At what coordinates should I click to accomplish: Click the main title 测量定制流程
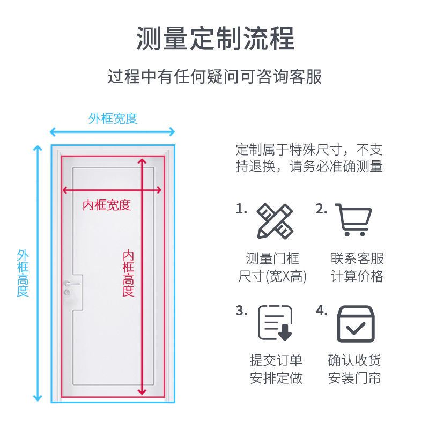214,39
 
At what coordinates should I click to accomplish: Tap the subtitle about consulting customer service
214,76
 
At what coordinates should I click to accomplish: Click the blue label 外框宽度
113,118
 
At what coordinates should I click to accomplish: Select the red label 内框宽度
106,204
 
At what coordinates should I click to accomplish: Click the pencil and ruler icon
274,221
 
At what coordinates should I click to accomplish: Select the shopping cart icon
354,219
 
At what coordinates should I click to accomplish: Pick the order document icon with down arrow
275,323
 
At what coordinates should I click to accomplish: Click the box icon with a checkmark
354,323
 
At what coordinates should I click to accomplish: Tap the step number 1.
241,209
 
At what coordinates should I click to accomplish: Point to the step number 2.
321,209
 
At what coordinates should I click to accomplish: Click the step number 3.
241,311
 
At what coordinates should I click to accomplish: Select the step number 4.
322,311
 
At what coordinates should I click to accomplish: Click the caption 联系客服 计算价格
357,267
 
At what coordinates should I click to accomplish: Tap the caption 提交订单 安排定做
276,369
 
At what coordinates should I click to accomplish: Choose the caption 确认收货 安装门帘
354,369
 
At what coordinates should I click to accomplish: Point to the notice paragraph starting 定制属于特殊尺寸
309,157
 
